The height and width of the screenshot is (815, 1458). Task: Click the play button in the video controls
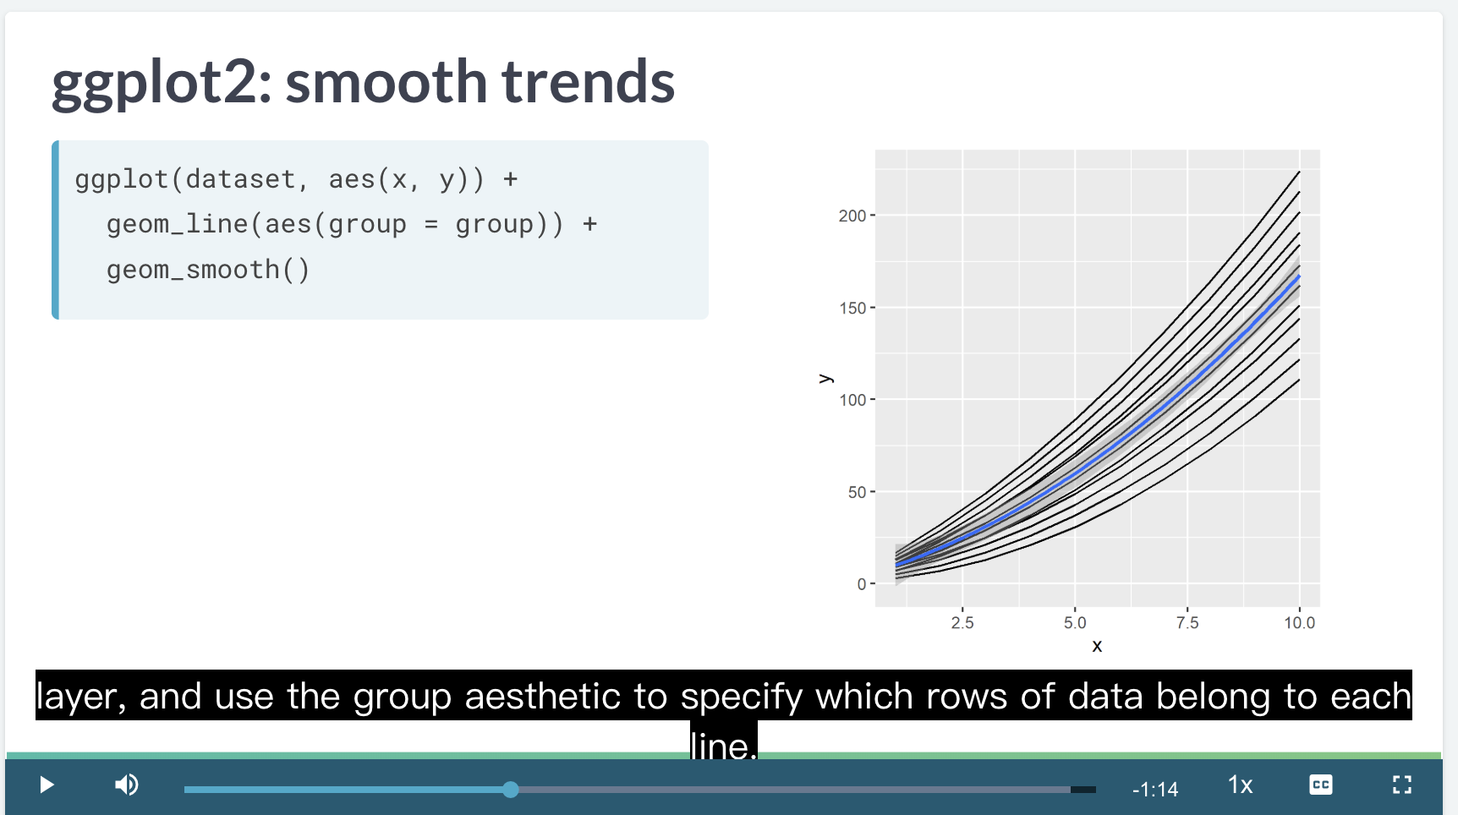pyautogui.click(x=47, y=785)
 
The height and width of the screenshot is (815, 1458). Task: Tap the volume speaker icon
pyautogui.click(x=127, y=785)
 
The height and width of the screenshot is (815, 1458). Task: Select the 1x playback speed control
pyautogui.click(x=1240, y=785)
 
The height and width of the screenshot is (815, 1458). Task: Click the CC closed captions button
pyautogui.click(x=1320, y=785)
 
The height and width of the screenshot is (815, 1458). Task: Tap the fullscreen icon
pyautogui.click(x=1402, y=785)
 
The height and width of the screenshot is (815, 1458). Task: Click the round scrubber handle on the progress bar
pyautogui.click(x=510, y=790)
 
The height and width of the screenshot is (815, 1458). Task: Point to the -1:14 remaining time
pyautogui.click(x=1155, y=790)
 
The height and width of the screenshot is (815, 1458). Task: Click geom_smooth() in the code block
pyautogui.click(x=208, y=270)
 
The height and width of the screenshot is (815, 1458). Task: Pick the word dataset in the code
pyautogui.click(x=240, y=179)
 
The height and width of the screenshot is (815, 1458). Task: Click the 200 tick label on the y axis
pyautogui.click(x=852, y=216)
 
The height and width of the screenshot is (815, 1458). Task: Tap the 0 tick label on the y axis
pyautogui.click(x=862, y=584)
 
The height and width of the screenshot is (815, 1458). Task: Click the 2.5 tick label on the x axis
pyautogui.click(x=962, y=623)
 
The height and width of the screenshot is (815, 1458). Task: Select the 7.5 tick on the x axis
pyautogui.click(x=1187, y=623)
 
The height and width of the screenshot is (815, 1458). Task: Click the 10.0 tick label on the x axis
pyautogui.click(x=1300, y=623)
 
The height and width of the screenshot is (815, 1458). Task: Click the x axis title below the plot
pyautogui.click(x=1097, y=647)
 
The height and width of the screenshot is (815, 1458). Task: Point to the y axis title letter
pyautogui.click(x=825, y=378)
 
